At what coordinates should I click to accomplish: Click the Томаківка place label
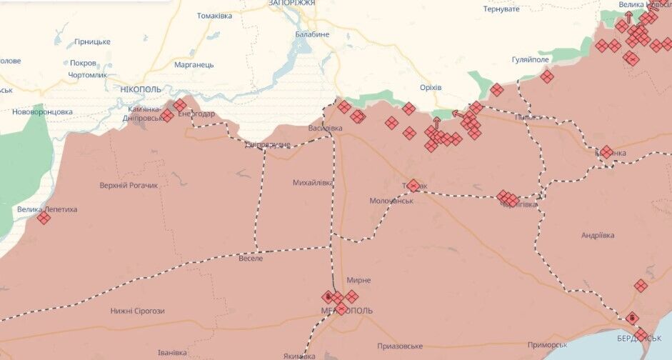tap(214, 16)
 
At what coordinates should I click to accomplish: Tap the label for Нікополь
tap(141, 89)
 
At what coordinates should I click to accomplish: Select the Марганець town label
tap(194, 64)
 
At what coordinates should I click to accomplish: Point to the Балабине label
tap(312, 34)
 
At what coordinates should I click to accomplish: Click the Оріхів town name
tap(431, 87)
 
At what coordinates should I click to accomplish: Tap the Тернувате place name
tap(501, 9)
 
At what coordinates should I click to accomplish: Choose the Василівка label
tap(325, 129)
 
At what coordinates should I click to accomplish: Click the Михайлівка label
tap(313, 183)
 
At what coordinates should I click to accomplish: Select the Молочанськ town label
tap(391, 201)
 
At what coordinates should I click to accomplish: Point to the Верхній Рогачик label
tap(129, 186)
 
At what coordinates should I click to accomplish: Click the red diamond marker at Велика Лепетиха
tap(44, 218)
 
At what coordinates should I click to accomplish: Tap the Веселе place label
tap(251, 258)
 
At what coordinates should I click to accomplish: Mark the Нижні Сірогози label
tap(137, 311)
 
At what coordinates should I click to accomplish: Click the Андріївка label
tap(597, 234)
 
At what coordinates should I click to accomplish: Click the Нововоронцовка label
tap(42, 112)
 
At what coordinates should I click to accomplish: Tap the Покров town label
tap(83, 63)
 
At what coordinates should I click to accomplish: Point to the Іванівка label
tap(172, 352)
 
